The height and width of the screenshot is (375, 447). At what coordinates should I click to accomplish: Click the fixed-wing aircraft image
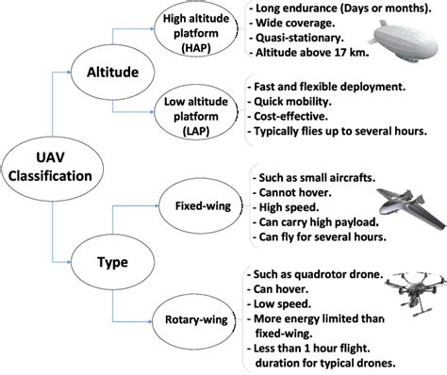click(x=397, y=210)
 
